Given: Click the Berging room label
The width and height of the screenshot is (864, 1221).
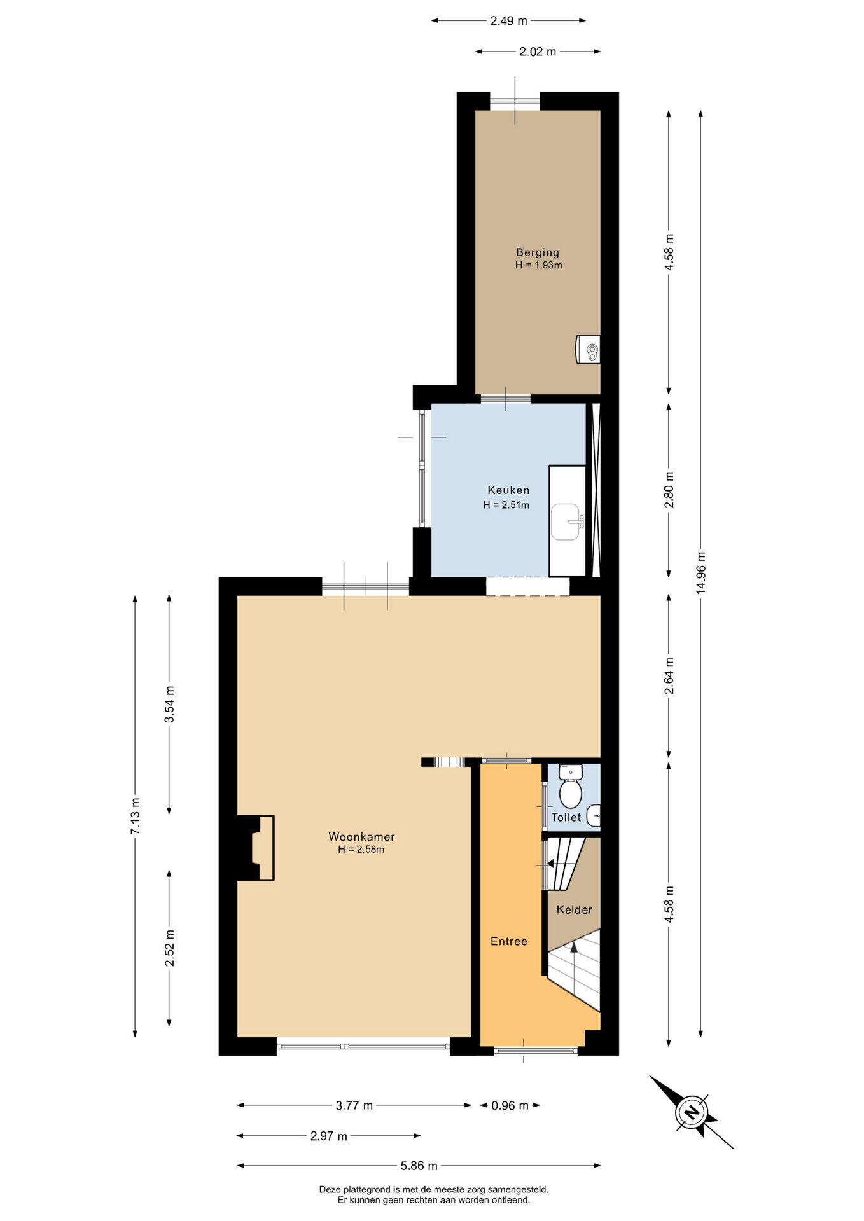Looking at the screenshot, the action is pyautogui.click(x=538, y=252).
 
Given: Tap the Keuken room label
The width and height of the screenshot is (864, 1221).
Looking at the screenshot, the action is pyautogui.click(x=508, y=490).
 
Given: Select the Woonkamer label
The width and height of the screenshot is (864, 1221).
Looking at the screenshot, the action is pyautogui.click(x=361, y=837).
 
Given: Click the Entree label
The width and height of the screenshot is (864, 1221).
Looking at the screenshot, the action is pyautogui.click(x=509, y=941).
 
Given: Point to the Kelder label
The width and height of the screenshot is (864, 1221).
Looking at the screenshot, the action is pyautogui.click(x=574, y=909).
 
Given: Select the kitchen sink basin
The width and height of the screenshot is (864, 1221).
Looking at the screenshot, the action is pyautogui.click(x=566, y=521).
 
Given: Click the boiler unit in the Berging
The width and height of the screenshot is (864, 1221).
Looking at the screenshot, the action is pyautogui.click(x=588, y=349).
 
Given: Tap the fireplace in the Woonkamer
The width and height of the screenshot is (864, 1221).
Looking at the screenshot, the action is pyautogui.click(x=256, y=848).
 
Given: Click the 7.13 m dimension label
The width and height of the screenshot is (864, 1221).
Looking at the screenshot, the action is pyautogui.click(x=135, y=816).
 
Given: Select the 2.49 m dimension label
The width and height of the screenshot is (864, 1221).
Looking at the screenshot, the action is pyautogui.click(x=508, y=20).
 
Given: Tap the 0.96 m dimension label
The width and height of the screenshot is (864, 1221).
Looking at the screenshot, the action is pyautogui.click(x=510, y=1105).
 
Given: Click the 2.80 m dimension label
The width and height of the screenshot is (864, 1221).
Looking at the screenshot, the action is pyautogui.click(x=669, y=490).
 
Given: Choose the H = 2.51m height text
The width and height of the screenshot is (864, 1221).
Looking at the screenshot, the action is pyautogui.click(x=506, y=505).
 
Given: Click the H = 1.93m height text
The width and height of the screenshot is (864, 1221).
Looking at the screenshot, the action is pyautogui.click(x=538, y=265).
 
